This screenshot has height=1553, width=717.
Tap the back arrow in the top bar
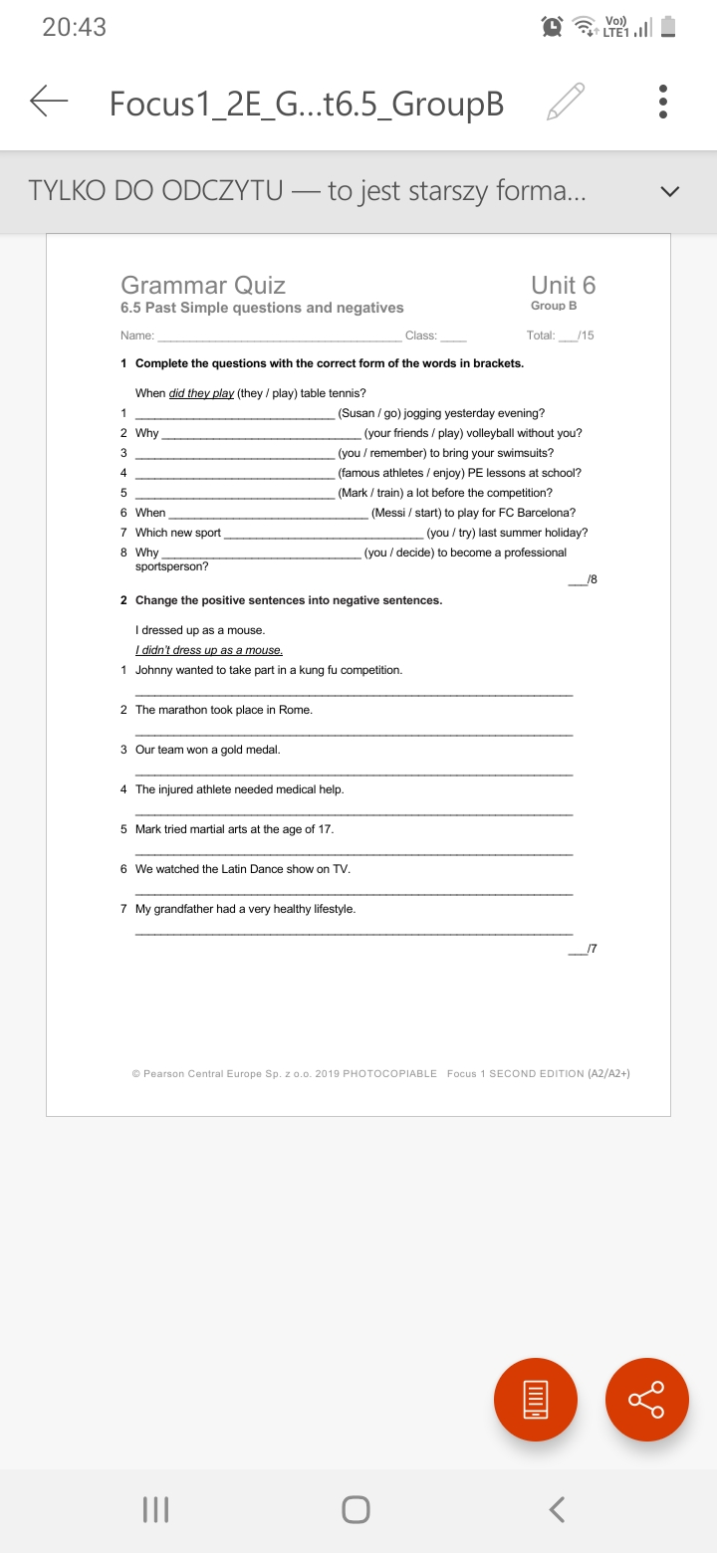pos(49,102)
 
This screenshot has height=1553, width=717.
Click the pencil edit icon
pos(565,102)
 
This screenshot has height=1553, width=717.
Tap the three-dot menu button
pos(663,102)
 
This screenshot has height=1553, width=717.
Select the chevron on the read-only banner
pos(670,191)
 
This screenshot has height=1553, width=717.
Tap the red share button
pos(647,1399)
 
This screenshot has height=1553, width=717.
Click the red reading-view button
pos(536,1399)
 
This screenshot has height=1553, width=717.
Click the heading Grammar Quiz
pos(202,286)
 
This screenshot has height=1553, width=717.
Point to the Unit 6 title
pos(563,285)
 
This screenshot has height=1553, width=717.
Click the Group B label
pos(554,306)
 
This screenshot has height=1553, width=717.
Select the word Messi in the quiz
pos(389,513)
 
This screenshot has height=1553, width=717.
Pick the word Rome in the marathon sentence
pos(296,710)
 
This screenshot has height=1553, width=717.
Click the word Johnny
pos(154,670)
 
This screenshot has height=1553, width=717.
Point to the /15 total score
pos(586,335)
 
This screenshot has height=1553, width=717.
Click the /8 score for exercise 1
pos(592,579)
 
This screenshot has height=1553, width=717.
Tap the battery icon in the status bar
pos(669,27)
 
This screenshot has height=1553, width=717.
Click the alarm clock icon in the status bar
pos(551,27)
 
